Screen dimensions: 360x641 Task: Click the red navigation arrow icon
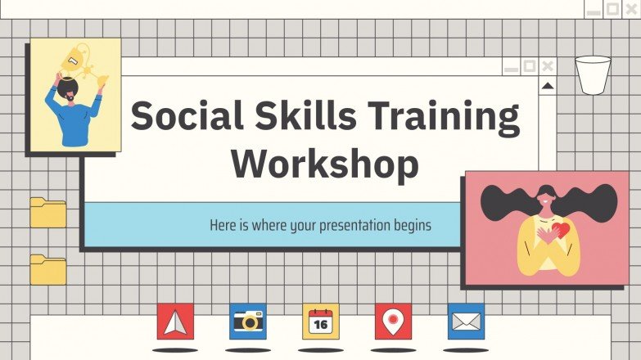[x=175, y=322]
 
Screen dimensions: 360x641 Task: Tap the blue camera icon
[x=247, y=322]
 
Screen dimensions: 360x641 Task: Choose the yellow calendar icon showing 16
[x=320, y=322]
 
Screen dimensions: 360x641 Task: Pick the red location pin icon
[x=393, y=322]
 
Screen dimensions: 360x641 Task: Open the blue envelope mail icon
[x=465, y=322]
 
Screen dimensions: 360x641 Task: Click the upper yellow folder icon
[x=48, y=213]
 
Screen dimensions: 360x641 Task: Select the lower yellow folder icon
[x=48, y=270]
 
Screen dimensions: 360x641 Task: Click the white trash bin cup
[x=593, y=75]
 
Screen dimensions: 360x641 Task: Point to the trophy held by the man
[x=78, y=60]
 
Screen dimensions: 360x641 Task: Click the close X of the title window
[x=548, y=66]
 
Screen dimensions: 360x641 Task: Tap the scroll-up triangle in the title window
[x=548, y=85]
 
